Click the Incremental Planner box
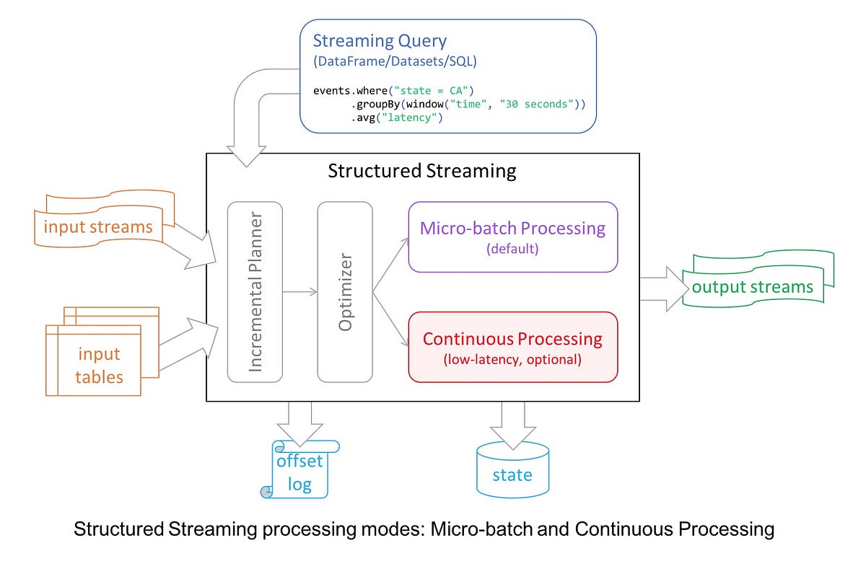[x=255, y=291]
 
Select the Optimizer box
[x=345, y=291]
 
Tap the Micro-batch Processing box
[x=512, y=237]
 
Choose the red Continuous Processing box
[x=512, y=347]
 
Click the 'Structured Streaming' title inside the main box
[x=422, y=171]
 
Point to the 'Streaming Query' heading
[x=380, y=41]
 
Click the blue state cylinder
[x=512, y=470]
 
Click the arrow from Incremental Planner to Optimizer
[x=299, y=291]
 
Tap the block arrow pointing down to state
[x=512, y=422]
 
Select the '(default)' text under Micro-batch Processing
[x=512, y=249]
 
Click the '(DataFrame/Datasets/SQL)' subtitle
[x=395, y=62]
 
